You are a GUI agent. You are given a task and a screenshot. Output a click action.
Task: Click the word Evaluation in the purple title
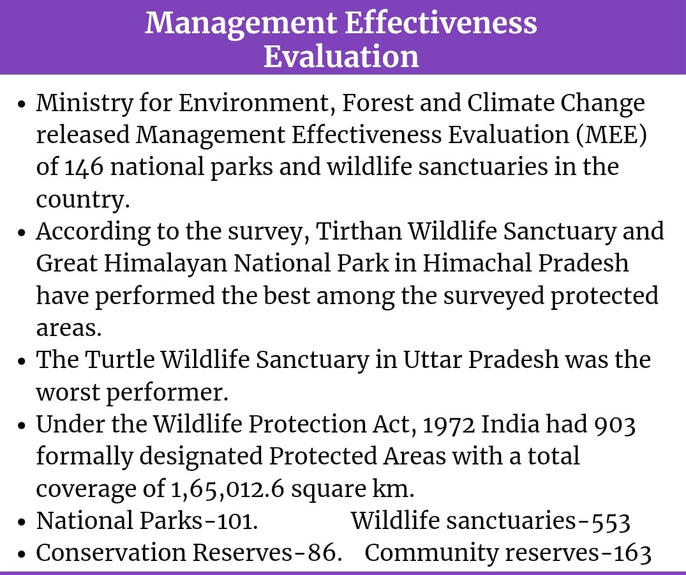point(341,56)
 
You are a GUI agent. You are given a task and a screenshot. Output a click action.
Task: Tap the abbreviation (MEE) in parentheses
point(611,134)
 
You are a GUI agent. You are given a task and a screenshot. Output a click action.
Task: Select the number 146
point(84,167)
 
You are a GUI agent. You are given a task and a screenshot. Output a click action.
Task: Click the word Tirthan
point(358,231)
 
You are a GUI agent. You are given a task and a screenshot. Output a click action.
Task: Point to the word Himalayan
point(165,264)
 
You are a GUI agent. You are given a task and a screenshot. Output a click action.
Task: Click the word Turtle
point(120,360)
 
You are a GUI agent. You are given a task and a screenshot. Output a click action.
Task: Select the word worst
point(68,392)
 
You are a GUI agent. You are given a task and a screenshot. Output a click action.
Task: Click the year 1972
point(449,424)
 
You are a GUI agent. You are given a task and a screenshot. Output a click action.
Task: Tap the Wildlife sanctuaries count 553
point(611,521)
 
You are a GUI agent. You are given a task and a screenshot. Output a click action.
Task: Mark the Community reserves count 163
point(632,553)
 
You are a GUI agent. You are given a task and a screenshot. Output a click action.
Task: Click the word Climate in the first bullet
point(511,102)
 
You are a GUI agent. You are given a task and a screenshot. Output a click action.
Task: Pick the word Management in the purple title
point(241,23)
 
